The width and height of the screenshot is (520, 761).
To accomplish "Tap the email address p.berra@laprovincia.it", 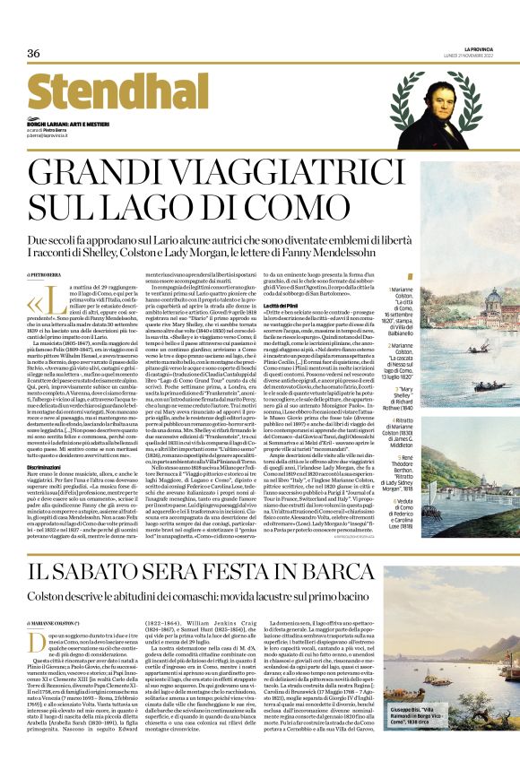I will pos(49,134).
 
